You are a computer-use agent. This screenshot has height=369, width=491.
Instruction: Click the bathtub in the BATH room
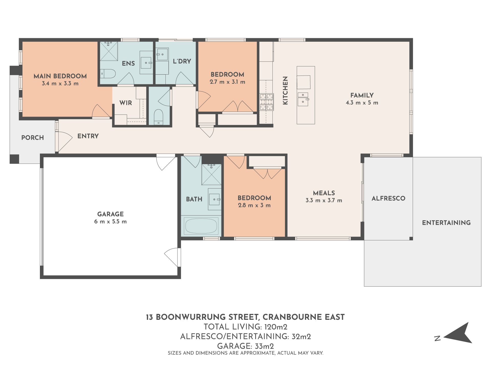pos(201,226)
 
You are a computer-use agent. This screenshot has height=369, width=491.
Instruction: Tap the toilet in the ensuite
pos(108,74)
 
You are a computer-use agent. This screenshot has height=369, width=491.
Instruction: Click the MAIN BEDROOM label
pos(60,76)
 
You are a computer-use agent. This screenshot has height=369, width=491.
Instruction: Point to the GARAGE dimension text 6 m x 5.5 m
pos(110,221)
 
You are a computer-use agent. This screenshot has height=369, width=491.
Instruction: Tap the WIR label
pos(126,103)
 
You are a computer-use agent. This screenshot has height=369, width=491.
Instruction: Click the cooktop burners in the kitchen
pos(267,102)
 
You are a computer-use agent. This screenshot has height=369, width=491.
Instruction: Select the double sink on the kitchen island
pos(303,99)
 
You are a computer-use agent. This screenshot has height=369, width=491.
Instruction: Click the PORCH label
pos(32,138)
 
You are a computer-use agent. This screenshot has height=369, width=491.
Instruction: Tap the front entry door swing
pos(64,142)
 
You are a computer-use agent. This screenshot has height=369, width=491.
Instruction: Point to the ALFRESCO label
pos(388,198)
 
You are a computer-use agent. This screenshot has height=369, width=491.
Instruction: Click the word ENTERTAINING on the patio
pos(446,223)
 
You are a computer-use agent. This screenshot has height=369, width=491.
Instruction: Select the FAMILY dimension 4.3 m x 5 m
pos(362,103)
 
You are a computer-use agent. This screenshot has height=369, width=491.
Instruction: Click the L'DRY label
pos(182,61)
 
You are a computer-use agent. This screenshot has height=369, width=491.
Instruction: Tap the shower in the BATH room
pos(211,174)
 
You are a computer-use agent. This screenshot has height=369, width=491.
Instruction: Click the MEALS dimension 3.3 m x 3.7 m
pos(324,200)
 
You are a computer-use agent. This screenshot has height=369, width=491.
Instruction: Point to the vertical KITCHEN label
pos(285,90)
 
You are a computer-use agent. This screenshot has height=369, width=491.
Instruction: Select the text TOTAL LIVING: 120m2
pos(245,327)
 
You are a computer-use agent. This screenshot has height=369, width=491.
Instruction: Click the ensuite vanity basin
pos(147,63)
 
